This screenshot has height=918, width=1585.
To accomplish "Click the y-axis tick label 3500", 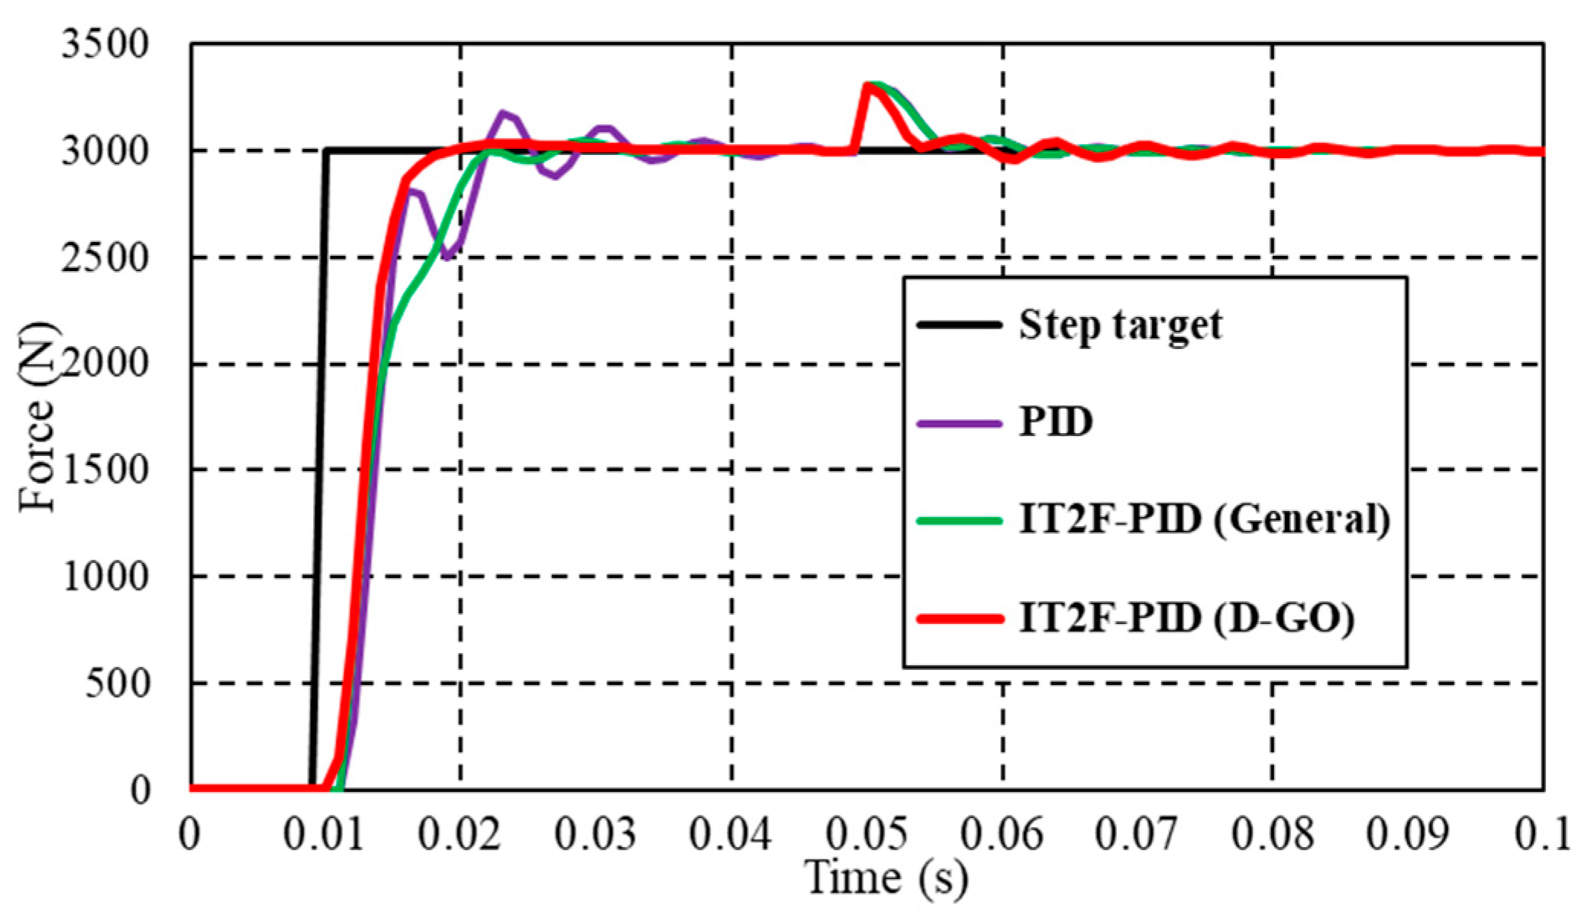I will click(105, 44).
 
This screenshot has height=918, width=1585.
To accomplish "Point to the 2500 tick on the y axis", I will click(105, 258).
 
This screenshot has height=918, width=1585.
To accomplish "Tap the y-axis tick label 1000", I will click(105, 576).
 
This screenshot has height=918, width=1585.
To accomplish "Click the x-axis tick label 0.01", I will click(324, 834).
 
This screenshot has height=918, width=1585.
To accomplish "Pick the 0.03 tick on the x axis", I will click(595, 834).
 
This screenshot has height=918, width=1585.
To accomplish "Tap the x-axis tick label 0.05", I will click(867, 834).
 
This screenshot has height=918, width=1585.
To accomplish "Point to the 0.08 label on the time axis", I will click(1272, 834).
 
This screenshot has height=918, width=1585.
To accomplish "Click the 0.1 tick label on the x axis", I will click(1542, 834).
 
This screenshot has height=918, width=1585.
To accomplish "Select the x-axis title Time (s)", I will click(886, 878).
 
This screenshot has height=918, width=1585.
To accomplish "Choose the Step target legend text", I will click(1120, 325).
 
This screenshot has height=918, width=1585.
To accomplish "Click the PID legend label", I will click(1056, 422).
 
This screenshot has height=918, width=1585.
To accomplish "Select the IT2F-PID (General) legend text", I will click(1204, 520).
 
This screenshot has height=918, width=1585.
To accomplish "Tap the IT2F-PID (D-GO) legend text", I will click(1186, 618).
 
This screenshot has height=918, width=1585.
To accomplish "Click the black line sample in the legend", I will click(959, 325).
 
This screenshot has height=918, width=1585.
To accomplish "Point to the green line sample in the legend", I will click(959, 521).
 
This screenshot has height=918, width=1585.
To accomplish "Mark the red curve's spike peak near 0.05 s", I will click(867, 85).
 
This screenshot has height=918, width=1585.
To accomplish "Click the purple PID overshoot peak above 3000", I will click(503, 114).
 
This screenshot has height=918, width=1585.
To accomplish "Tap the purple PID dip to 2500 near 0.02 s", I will click(447, 257).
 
